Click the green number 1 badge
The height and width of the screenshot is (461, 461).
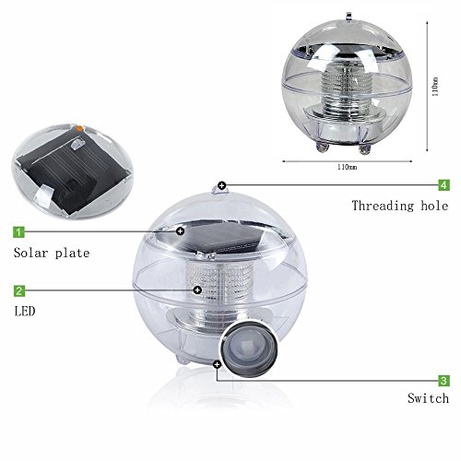(x=19, y=231)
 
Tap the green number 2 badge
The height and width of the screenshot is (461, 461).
(x=19, y=290)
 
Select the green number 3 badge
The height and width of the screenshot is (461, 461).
(x=443, y=381)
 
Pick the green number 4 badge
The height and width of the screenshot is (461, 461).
(x=443, y=185)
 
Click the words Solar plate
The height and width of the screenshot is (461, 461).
(x=52, y=253)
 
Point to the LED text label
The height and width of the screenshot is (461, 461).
(x=25, y=312)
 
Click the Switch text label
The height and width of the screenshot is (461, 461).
(x=429, y=398)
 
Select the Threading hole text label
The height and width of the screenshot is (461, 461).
(x=400, y=206)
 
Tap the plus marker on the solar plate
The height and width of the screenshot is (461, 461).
(x=181, y=231)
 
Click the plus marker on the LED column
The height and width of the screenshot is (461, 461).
(x=197, y=290)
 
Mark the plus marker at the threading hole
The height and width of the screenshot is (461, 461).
(x=221, y=185)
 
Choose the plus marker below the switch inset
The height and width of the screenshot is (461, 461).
(x=218, y=365)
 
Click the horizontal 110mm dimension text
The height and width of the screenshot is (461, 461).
(x=348, y=168)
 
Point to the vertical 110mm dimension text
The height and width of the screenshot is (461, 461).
(x=435, y=87)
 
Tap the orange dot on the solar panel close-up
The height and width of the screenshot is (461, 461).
(x=80, y=128)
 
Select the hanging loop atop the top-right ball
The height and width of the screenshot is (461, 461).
(x=349, y=16)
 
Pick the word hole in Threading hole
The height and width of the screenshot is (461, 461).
(x=434, y=206)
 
